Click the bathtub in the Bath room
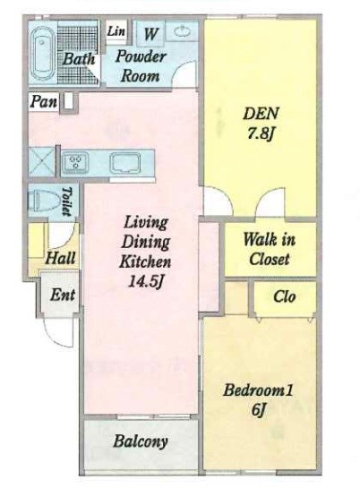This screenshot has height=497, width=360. (x=42, y=53)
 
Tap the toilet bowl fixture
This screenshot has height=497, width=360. (x=43, y=201)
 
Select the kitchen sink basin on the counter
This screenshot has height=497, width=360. (x=125, y=163)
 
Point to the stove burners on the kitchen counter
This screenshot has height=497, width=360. (x=75, y=163)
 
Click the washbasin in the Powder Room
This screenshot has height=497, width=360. (x=182, y=31)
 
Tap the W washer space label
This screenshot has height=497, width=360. (x=151, y=34)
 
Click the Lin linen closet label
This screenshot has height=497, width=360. (x=116, y=30)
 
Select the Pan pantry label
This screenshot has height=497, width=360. (x=44, y=101)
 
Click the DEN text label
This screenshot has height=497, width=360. (x=261, y=114)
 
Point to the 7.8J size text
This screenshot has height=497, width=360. (x=261, y=134)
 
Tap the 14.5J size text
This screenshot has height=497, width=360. (x=145, y=281)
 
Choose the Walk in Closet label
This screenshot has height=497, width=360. (x=269, y=249)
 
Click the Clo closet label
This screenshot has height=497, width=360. (x=285, y=296)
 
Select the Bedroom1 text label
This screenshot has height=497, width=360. (x=258, y=390)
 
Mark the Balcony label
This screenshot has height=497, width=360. (x=141, y=441)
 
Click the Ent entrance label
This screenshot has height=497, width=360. (x=63, y=295)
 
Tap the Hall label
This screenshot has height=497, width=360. (x=61, y=258)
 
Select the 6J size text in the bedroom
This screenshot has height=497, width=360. (x=258, y=410)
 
